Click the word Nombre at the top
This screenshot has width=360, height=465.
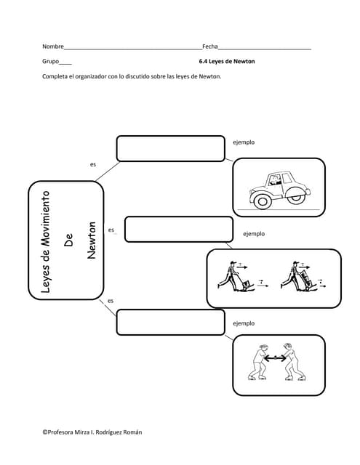(53, 46)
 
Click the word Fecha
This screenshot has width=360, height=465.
(210, 46)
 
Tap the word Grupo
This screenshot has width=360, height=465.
(51, 61)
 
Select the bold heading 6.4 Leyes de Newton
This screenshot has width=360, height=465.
(227, 61)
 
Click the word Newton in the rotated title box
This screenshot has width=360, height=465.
(92, 240)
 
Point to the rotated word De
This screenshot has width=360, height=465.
(68, 240)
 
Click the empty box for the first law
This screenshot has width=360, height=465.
(171, 148)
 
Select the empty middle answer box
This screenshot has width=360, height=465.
(179, 230)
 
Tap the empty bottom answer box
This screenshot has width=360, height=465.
(171, 323)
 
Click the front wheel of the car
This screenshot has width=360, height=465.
(263, 201)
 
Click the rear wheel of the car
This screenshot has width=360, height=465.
(296, 197)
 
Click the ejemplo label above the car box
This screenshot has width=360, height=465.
(244, 142)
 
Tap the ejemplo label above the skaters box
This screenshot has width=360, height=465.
(244, 323)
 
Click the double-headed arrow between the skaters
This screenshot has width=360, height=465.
(275, 358)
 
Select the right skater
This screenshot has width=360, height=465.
(294, 362)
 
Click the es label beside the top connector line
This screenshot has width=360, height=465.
(93, 165)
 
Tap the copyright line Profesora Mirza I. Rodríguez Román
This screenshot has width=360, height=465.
(92, 432)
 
